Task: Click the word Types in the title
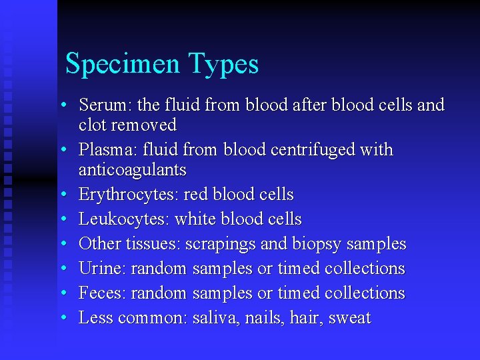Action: (x=224, y=65)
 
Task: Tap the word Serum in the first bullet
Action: (x=97, y=105)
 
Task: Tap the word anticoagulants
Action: (x=132, y=170)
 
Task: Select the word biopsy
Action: (x=325, y=245)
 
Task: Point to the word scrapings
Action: (x=220, y=245)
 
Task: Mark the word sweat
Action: (x=349, y=318)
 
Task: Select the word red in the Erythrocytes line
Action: (x=195, y=195)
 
